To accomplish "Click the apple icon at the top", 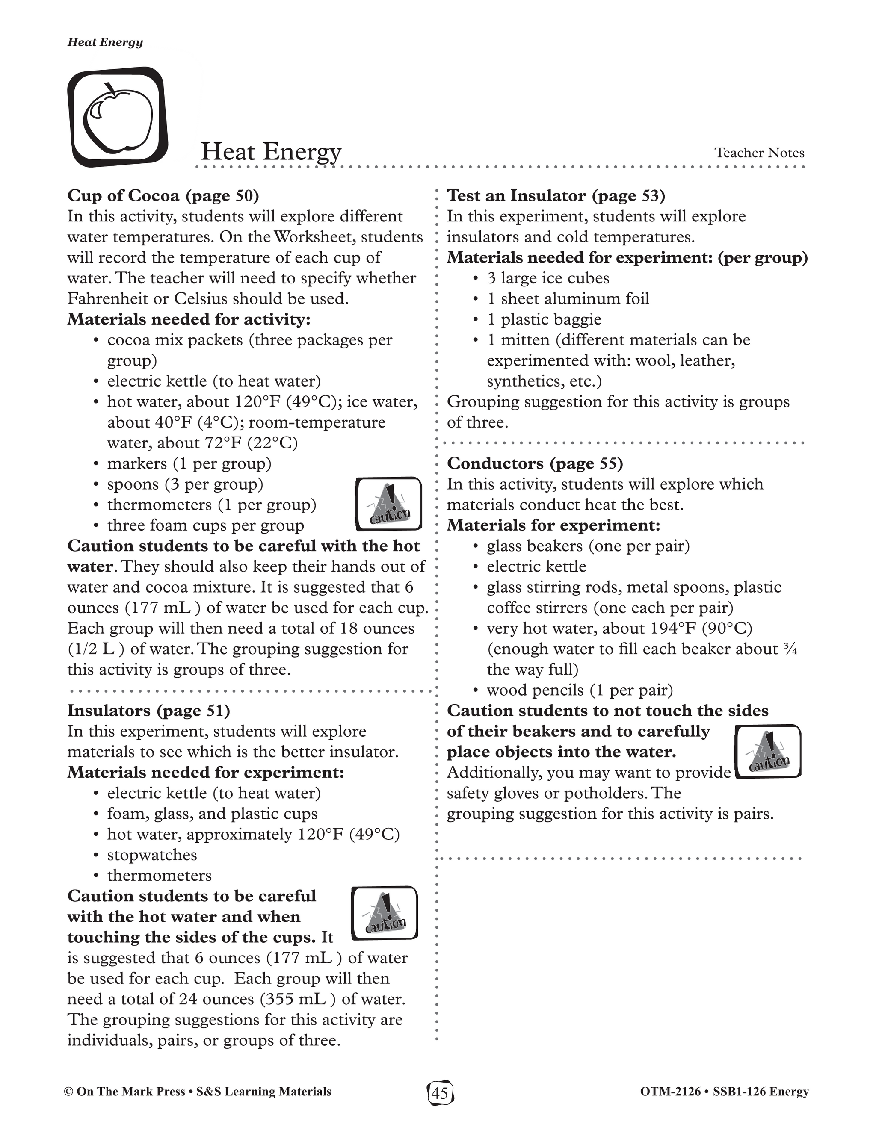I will pyautogui.click(x=118, y=117).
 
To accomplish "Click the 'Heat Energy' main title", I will pyautogui.click(x=271, y=152).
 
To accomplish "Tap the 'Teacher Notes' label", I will pyautogui.click(x=759, y=153).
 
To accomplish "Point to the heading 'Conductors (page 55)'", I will pyautogui.click(x=535, y=463).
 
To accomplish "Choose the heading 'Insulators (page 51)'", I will pyautogui.click(x=148, y=710).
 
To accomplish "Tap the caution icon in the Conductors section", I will pyautogui.click(x=769, y=751).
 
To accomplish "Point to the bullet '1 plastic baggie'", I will pyautogui.click(x=544, y=319).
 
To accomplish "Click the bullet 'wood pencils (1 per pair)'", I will pyautogui.click(x=580, y=690).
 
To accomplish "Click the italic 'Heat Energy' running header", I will pyautogui.click(x=105, y=42).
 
